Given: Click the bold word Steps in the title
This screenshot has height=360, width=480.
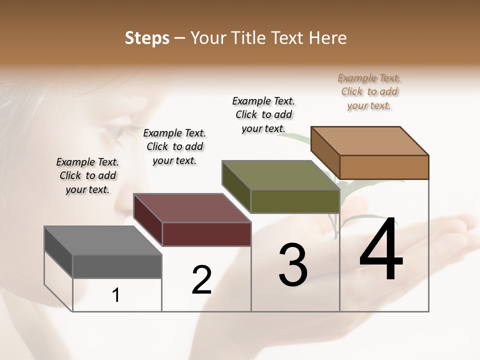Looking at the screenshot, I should pos(147,38).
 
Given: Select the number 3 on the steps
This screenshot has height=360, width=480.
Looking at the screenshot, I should pos(293,265).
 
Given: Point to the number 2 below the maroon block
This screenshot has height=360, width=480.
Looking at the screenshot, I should pos(202,280).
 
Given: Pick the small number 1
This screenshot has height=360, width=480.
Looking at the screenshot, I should pos(116,295).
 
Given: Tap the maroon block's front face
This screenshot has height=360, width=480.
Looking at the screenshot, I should pos(206,234).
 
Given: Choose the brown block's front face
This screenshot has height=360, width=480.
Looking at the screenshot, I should pos(384,167).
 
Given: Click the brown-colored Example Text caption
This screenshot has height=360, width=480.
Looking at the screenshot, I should pos(369,91).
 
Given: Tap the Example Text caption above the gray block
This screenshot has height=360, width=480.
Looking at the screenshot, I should pos(87,175).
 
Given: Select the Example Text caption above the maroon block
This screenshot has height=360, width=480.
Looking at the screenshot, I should pos(174,146).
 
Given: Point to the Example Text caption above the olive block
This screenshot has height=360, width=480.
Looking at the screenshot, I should pos(263,114).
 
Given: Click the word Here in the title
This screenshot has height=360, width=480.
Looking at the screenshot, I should pos(330,38).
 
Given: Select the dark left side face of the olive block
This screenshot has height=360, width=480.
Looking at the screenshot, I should pos(236,186).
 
